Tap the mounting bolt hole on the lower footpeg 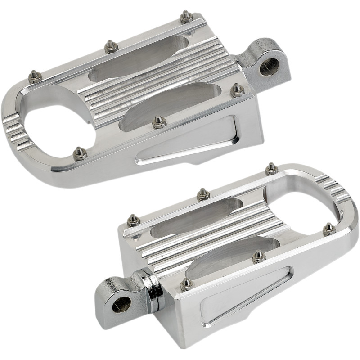[x=121, y=304]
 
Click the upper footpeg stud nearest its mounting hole [x=237, y=90]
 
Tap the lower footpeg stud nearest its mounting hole [x=185, y=284]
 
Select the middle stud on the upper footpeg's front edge [x=158, y=122]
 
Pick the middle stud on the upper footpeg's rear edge [x=110, y=46]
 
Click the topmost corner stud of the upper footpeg [x=186, y=17]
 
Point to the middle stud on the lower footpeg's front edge [x=258, y=256]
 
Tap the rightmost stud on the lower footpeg [x=329, y=229]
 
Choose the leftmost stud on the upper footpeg [x=34, y=77]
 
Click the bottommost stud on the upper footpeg [x=80, y=153]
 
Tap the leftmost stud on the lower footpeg [x=132, y=220]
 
